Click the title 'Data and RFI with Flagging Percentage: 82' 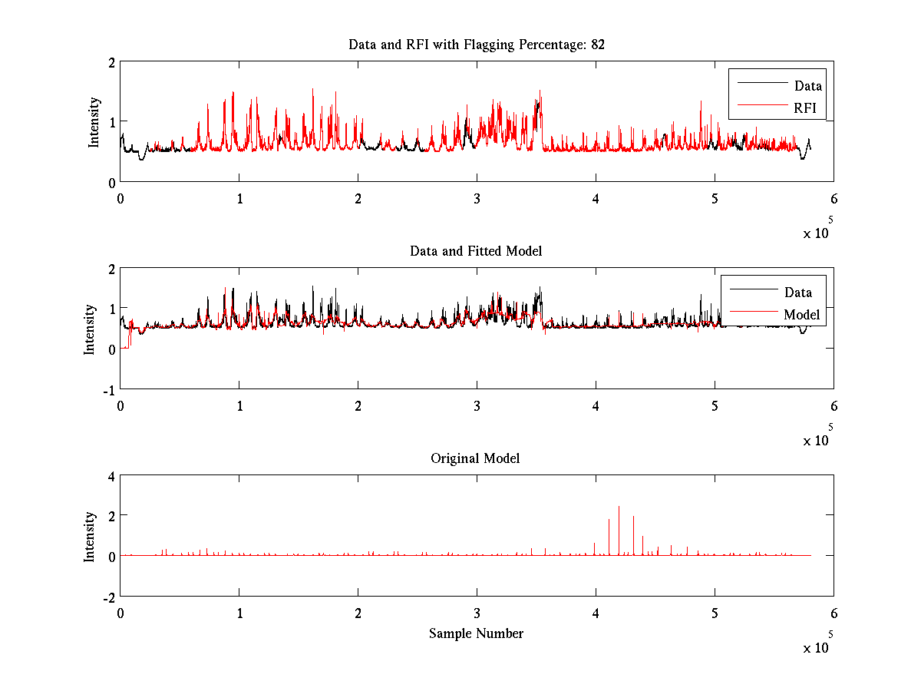tap(476, 45)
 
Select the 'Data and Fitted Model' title tap(476, 251)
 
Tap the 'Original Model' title tap(475, 458)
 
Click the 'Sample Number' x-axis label tap(476, 633)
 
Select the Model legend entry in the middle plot tap(801, 314)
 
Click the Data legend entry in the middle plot tap(797, 292)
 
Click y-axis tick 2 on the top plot tap(111, 62)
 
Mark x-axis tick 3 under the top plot tap(477, 197)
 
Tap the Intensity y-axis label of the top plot tap(94, 121)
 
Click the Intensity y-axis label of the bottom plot tap(90, 536)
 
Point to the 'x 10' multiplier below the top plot tap(817, 233)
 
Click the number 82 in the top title tap(598, 45)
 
